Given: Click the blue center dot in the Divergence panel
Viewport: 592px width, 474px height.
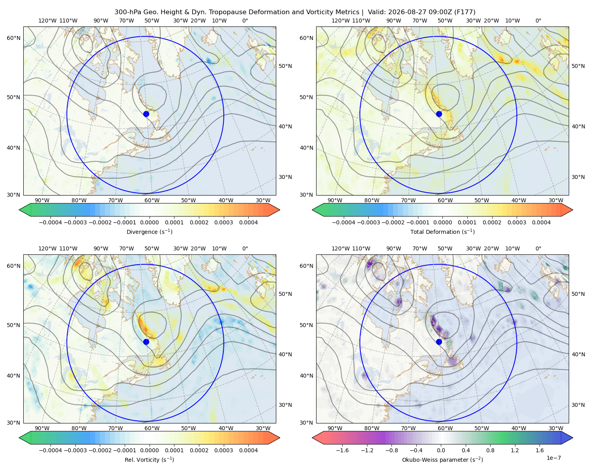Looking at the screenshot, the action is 146,114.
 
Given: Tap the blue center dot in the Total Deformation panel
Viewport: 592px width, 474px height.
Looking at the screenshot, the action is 439,114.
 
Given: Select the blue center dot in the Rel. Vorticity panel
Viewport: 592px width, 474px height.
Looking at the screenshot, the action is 146,342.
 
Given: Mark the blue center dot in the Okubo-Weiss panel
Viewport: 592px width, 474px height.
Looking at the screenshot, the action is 439,342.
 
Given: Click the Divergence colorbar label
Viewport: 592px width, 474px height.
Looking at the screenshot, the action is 149,231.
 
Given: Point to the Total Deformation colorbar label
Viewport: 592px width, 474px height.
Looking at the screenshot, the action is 442,231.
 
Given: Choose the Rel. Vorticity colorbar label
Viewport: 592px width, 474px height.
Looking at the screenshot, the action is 149,459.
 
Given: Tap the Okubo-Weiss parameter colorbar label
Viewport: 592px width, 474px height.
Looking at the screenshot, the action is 442,459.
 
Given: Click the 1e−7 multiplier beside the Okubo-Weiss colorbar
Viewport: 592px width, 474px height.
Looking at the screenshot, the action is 553,458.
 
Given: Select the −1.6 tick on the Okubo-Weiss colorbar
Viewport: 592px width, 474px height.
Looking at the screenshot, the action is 342,450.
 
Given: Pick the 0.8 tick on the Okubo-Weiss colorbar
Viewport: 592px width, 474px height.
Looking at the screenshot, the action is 490,450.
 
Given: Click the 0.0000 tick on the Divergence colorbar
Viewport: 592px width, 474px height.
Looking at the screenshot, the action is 149,222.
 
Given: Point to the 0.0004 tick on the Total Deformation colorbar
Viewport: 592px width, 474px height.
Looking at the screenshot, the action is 541,222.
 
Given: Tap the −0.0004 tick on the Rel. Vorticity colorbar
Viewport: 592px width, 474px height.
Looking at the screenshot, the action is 51,450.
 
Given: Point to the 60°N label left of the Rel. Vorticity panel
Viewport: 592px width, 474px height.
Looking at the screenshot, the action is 13,266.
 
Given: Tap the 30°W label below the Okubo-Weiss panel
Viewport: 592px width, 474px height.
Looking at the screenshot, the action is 556,428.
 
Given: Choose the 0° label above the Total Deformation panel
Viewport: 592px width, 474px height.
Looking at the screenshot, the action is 538,21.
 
